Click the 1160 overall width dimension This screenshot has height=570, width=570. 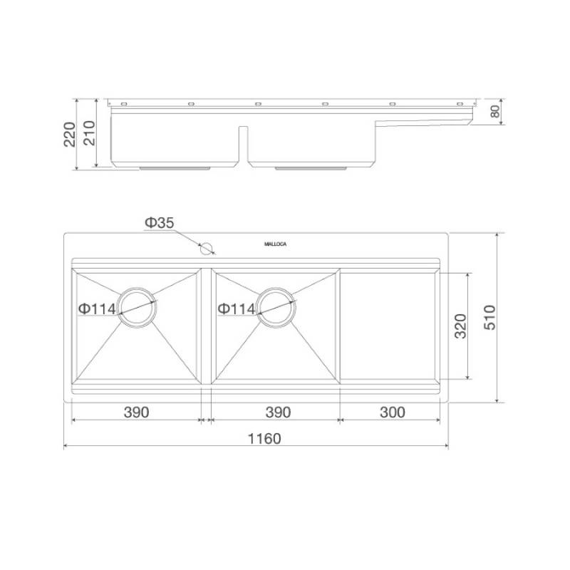click(x=264, y=438)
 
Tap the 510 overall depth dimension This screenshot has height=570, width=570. click(x=490, y=318)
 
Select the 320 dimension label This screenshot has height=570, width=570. click(x=460, y=326)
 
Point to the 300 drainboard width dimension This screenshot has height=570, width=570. click(x=393, y=413)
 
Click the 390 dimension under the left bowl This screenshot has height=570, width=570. click(x=136, y=413)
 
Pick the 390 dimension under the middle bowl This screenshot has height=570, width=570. click(x=278, y=413)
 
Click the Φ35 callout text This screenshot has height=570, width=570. click(x=159, y=222)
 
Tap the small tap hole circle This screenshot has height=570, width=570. click(x=206, y=248)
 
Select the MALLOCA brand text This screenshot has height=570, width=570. click(x=275, y=244)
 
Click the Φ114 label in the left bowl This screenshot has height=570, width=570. click(x=97, y=309)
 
